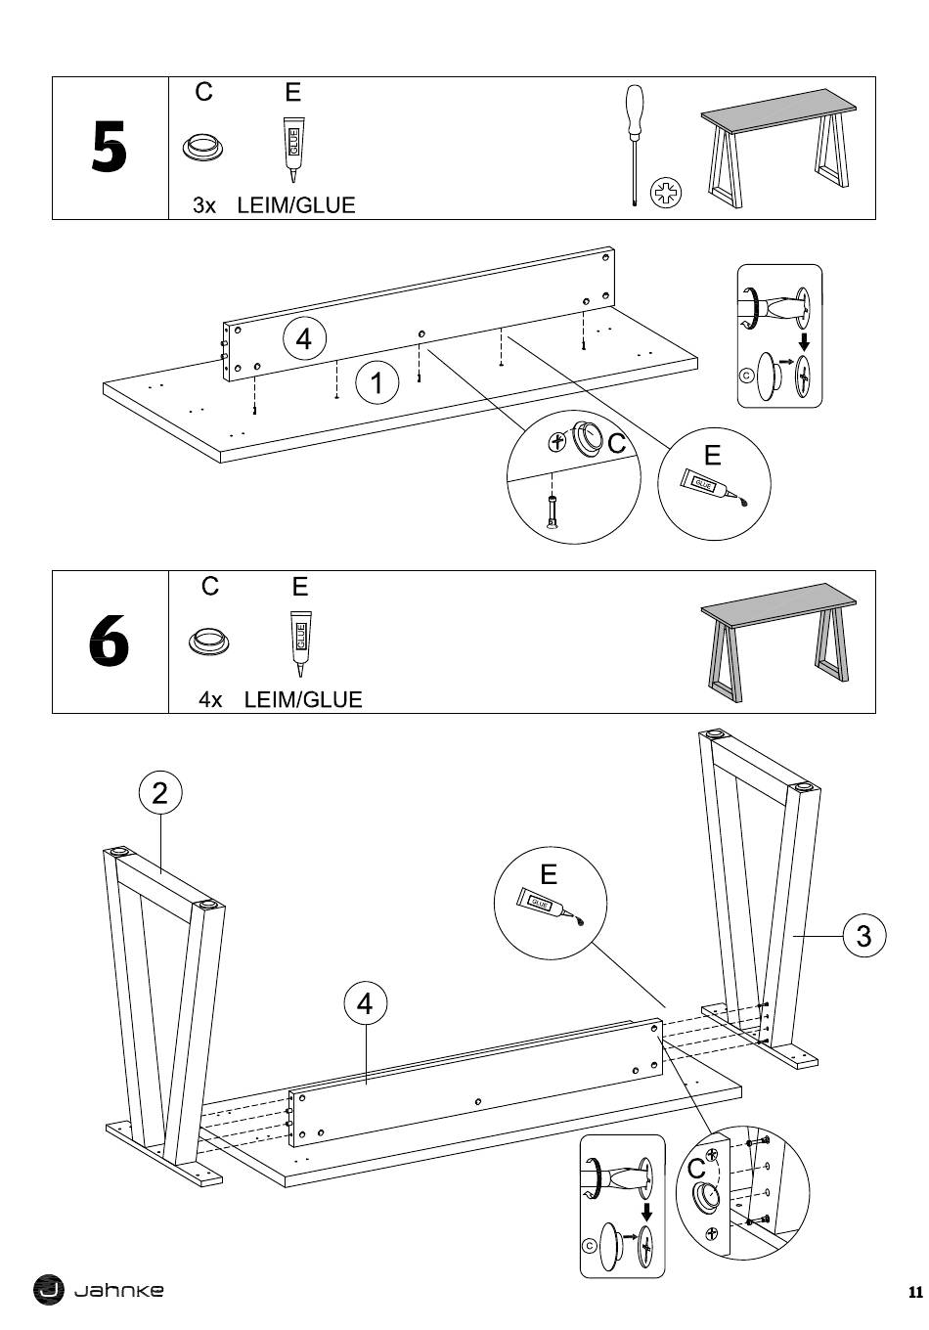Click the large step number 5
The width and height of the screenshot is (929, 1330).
(x=109, y=150)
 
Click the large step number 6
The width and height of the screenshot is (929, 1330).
(x=109, y=643)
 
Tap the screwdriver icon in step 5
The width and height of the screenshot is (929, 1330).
(x=635, y=145)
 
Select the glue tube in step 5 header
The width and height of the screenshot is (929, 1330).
(x=291, y=149)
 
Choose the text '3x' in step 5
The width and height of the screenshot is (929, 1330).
(x=204, y=206)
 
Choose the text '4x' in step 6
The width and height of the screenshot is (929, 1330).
(x=210, y=700)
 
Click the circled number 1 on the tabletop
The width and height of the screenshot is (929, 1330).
(x=377, y=381)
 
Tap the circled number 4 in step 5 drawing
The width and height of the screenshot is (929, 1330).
(x=304, y=339)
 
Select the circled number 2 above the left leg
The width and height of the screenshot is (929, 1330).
(x=160, y=792)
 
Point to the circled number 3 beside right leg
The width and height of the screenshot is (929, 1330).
(x=863, y=936)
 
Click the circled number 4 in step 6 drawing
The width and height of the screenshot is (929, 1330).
(x=365, y=1003)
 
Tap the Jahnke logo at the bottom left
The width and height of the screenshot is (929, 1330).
(x=99, y=1290)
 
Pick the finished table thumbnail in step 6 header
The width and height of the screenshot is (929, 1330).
(x=779, y=642)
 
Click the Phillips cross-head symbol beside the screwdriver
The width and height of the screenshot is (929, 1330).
(x=666, y=192)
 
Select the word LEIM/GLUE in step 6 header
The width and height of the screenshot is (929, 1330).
(x=303, y=700)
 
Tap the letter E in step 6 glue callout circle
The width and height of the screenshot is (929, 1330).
(x=549, y=873)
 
